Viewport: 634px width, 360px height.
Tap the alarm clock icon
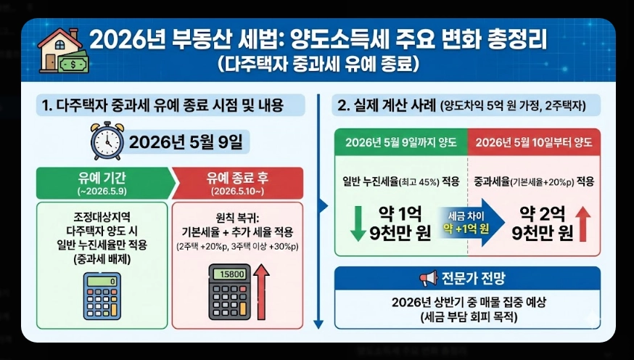pyautogui.click(x=107, y=141)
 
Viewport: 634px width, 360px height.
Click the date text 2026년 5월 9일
pyautogui.click(x=186, y=142)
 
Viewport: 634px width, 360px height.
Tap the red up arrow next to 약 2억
pyautogui.click(x=585, y=224)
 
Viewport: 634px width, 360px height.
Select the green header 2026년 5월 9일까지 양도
pyautogui.click(x=400, y=142)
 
